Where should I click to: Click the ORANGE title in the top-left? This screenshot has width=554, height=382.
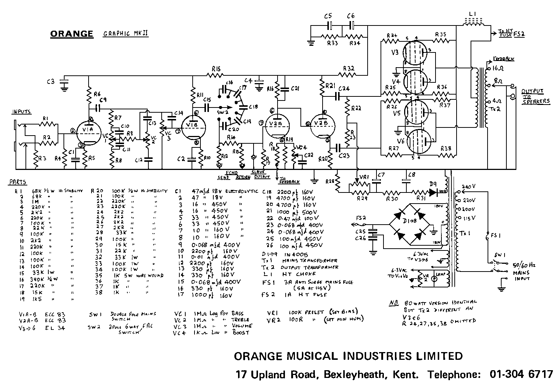72,34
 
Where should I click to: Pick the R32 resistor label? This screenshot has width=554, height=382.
348,68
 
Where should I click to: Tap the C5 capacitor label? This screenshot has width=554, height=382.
328,16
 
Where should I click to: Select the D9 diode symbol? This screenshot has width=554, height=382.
434,192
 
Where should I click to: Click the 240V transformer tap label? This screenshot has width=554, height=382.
469,187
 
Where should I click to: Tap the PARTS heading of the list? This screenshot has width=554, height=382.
18,182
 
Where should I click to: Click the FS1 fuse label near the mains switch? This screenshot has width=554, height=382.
492,234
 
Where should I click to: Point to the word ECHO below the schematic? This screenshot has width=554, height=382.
233,172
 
